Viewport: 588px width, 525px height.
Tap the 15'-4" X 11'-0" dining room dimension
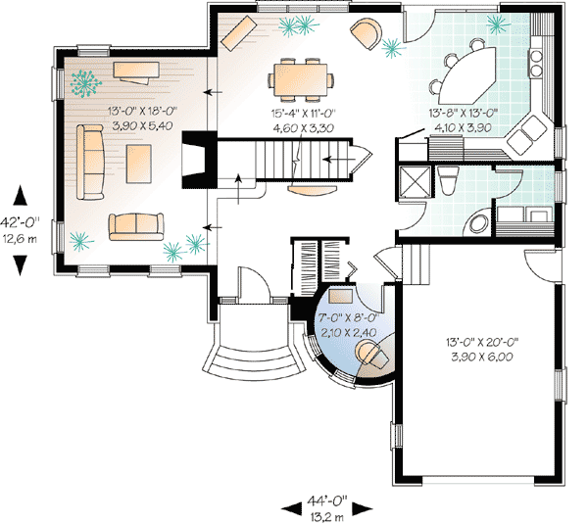click(304, 114)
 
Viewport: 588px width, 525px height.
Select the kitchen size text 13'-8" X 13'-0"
click(465, 114)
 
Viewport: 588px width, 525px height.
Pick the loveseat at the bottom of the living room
click(135, 226)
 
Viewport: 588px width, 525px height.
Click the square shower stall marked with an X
click(414, 182)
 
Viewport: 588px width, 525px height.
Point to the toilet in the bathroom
click(447, 180)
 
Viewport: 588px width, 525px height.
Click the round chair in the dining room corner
click(367, 34)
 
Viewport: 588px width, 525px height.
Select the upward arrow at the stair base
click(237, 181)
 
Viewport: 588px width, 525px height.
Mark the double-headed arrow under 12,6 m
click(21, 262)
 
